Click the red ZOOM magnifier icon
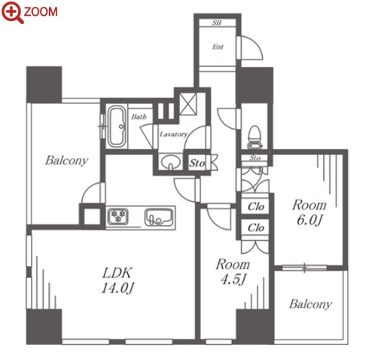12,12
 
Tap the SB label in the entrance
217,23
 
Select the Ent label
218,47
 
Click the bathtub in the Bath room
117,127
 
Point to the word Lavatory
173,135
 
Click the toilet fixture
255,137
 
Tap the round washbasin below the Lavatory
171,162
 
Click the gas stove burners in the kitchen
118,216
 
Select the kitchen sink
159,217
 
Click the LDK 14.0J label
117,280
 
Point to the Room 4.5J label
233,272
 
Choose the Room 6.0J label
309,212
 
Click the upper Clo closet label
256,206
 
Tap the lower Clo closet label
256,227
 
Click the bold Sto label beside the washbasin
197,163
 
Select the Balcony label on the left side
66,160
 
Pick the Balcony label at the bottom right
310,304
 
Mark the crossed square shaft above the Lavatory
188,104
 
